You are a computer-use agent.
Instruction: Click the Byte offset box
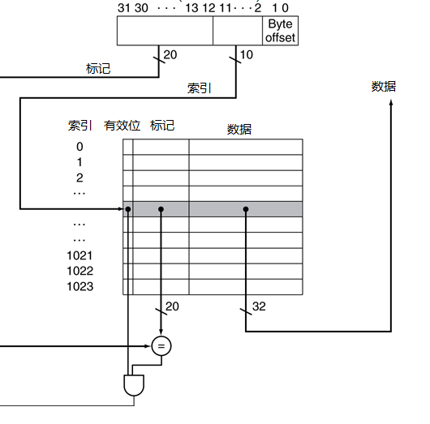[280, 31]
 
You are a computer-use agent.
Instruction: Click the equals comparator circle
[161, 346]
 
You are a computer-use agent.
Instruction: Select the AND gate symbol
[134, 385]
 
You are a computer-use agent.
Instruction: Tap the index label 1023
[80, 287]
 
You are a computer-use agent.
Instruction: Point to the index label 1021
[80, 255]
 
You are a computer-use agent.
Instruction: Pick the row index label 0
[80, 147]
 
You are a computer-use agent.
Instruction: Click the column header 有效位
[122, 126]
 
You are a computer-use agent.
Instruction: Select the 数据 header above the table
[239, 130]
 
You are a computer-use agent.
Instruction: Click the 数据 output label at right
[384, 87]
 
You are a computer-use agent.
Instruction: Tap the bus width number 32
[259, 306]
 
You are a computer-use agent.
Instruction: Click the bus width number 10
[247, 55]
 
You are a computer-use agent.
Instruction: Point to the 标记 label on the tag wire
[98, 69]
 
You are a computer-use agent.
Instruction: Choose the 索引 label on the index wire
[199, 88]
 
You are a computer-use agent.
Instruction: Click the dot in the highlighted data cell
[246, 209]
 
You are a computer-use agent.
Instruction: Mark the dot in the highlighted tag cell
[161, 209]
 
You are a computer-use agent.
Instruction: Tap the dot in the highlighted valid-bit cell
[128, 209]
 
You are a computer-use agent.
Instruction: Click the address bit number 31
[123, 8]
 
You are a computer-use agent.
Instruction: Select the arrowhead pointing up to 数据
[391, 102]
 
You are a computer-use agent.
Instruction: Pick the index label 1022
[80, 271]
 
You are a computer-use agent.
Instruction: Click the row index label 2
[80, 178]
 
